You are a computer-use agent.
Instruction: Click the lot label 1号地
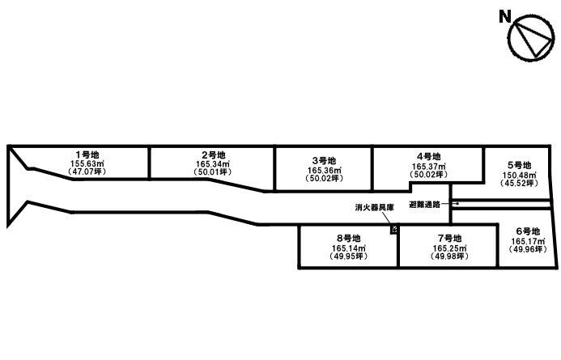[87, 155]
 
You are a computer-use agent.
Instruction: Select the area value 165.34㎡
[213, 163]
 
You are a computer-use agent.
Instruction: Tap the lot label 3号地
[324, 161]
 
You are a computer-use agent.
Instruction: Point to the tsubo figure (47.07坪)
[87, 172]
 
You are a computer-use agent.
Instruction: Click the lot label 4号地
[428, 157]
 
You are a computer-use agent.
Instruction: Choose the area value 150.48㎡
[519, 176]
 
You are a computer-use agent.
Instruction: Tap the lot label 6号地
[528, 231]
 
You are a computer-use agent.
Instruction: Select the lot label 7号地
[450, 239]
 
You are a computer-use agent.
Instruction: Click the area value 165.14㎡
[349, 248]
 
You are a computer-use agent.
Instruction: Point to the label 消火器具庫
[375, 208]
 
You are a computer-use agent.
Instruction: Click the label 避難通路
[425, 205]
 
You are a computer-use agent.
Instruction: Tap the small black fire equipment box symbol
[394, 230]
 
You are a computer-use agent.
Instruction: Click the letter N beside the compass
[505, 17]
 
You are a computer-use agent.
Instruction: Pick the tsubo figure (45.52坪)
[519, 183]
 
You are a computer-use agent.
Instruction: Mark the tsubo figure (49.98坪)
[450, 256]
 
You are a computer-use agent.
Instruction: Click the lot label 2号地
[213, 155]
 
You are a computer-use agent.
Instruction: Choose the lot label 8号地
[348, 239]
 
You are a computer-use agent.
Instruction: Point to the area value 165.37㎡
[428, 167]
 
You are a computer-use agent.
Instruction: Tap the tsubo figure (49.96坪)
[528, 249]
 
